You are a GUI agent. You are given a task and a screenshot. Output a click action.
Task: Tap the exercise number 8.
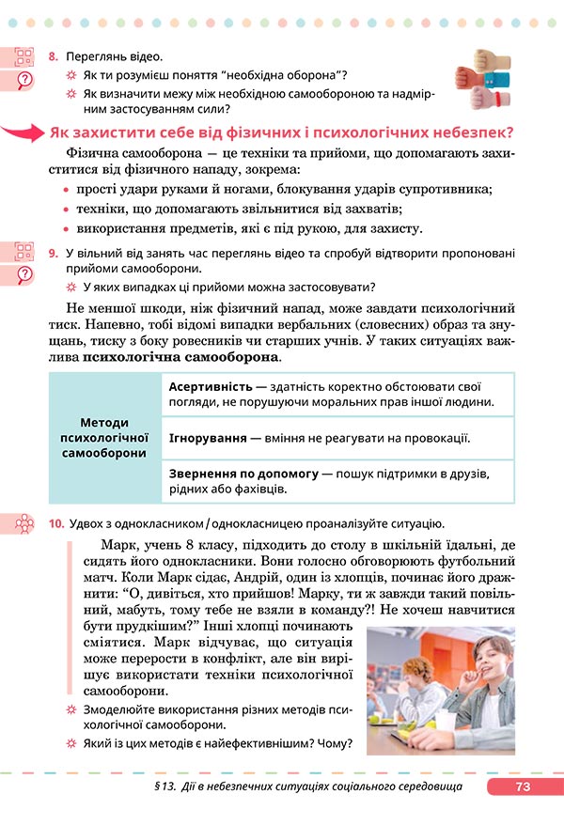point(54,56)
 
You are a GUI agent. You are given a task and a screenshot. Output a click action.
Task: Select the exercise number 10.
point(55,522)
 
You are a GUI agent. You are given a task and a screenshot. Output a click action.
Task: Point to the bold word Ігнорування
point(208,438)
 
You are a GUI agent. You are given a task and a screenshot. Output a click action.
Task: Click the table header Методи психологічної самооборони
point(104,438)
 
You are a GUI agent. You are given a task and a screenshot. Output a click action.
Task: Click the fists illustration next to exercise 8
point(480,86)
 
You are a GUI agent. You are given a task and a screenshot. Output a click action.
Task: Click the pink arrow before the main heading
point(23,132)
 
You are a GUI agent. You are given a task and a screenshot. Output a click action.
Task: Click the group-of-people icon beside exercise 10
point(24,523)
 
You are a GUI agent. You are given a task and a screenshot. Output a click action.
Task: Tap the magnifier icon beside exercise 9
point(24,272)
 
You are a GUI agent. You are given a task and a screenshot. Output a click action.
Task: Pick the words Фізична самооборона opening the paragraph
point(129,153)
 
